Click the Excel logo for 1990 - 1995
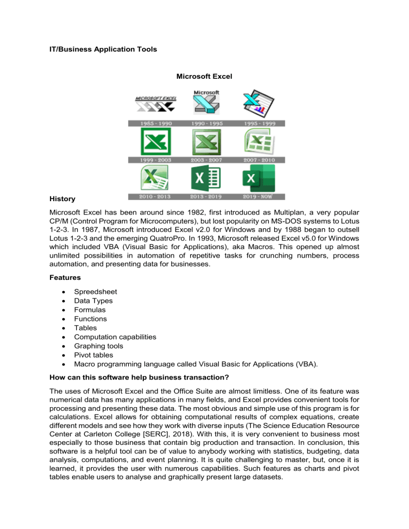[x=206, y=103]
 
